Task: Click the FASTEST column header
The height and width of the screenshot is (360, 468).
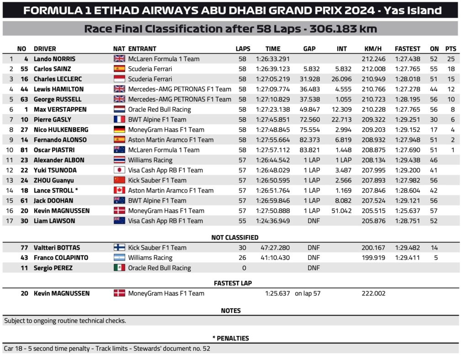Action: tap(407, 48)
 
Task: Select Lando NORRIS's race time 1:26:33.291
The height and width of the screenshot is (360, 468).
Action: tap(273, 59)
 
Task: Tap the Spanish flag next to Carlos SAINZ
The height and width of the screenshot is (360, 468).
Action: tap(119, 69)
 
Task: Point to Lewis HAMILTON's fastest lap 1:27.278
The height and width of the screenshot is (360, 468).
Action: tap(407, 89)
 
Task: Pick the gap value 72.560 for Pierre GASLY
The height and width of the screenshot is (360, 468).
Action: tap(310, 119)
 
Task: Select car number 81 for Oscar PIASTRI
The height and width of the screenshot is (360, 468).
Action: tap(24, 150)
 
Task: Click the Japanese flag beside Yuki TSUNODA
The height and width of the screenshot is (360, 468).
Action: tap(119, 170)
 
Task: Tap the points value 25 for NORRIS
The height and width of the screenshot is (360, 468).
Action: tap(451, 59)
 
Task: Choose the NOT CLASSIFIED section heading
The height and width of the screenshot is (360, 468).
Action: tap(234, 237)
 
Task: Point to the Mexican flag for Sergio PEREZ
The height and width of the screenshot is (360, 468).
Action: tap(119, 268)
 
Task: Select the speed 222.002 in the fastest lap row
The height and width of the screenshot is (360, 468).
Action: tap(373, 293)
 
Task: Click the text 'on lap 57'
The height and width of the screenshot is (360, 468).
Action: tap(308, 293)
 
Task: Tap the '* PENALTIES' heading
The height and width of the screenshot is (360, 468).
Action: tap(231, 338)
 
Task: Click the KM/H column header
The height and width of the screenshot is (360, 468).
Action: tap(373, 48)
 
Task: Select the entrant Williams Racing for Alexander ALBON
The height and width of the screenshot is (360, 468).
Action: tap(150, 160)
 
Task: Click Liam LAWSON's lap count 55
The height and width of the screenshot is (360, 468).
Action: tap(242, 221)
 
